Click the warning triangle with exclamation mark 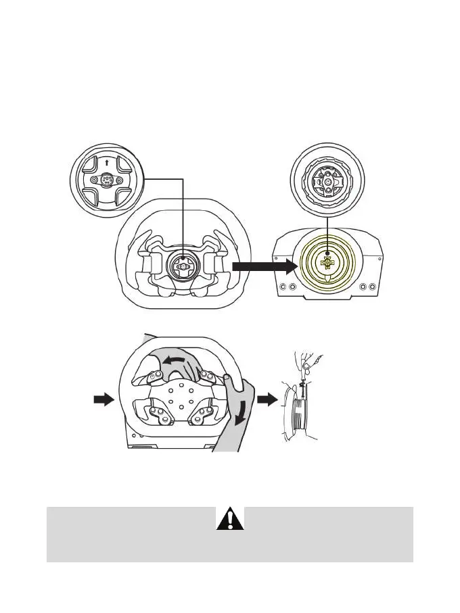(230, 518)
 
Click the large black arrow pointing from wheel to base (264, 267)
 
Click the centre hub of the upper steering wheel (183, 266)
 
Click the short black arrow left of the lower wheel (103, 400)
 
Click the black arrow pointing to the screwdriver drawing (269, 400)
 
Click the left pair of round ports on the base (287, 287)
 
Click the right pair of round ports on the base (369, 287)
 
